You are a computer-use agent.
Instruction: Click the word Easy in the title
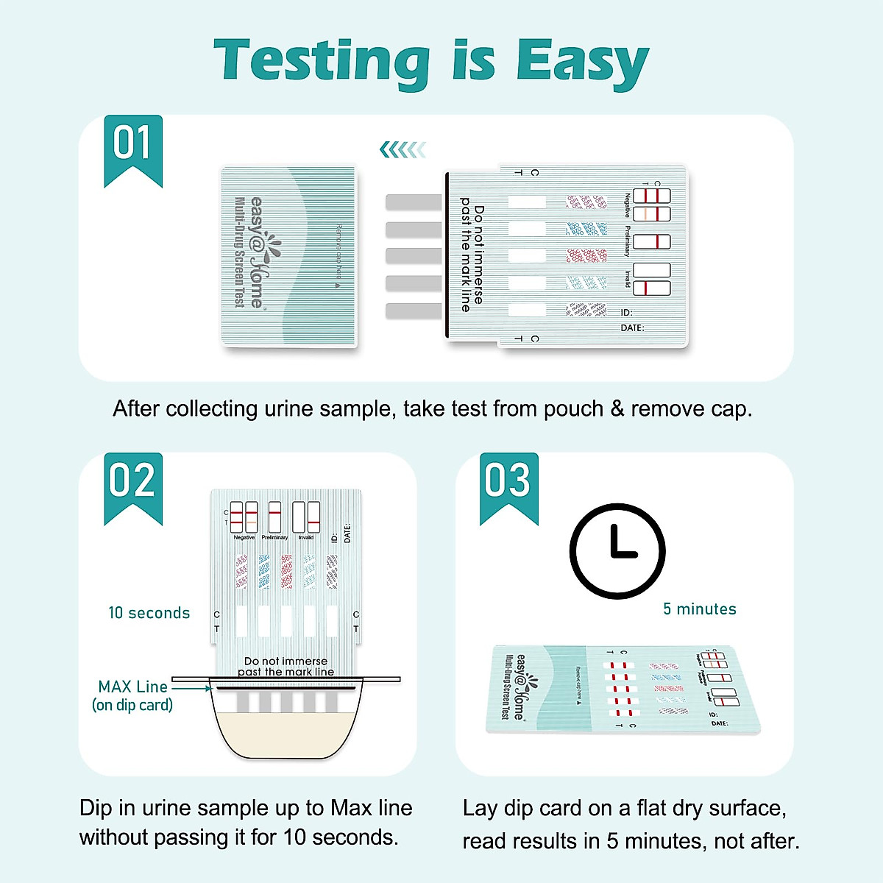[581, 62]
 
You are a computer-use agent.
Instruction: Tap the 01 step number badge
[132, 144]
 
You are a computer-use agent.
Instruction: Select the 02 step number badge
[132, 482]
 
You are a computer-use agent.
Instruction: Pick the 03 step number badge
[508, 482]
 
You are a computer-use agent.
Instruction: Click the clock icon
[617, 550]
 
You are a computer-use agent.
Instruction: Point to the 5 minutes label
[699, 609]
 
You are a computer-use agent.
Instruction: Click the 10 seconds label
[149, 613]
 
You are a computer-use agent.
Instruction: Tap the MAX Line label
[133, 687]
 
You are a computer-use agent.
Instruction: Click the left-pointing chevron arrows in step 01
[403, 150]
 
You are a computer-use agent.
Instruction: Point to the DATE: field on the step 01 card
[631, 328]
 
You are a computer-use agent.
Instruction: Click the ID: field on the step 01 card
[626, 313]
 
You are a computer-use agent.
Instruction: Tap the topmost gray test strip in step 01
[414, 202]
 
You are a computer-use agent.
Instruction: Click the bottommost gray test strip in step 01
[414, 311]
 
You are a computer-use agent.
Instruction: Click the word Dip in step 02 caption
[96, 808]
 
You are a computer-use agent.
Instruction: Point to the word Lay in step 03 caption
[480, 808]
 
